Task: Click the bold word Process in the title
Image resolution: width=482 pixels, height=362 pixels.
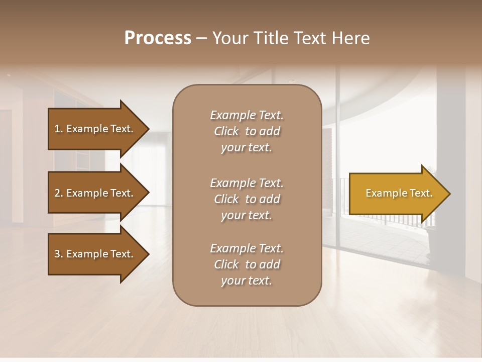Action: (x=158, y=38)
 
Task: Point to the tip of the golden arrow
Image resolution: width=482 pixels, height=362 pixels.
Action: (x=448, y=194)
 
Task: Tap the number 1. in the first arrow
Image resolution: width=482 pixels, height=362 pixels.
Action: (x=59, y=129)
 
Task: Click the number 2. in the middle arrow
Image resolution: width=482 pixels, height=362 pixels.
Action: (x=59, y=193)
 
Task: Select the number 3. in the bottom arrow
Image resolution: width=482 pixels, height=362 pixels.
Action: (x=59, y=254)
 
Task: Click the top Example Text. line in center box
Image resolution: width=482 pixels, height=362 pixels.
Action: (x=247, y=115)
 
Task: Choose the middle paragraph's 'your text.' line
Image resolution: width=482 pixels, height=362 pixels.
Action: (x=247, y=215)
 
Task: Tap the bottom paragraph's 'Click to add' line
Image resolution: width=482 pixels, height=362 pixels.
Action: (x=247, y=264)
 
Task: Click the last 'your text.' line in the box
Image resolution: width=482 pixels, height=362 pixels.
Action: (x=247, y=281)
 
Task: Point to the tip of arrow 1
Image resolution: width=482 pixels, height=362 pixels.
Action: (x=148, y=129)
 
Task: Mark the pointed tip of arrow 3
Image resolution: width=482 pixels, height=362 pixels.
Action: (x=148, y=254)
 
